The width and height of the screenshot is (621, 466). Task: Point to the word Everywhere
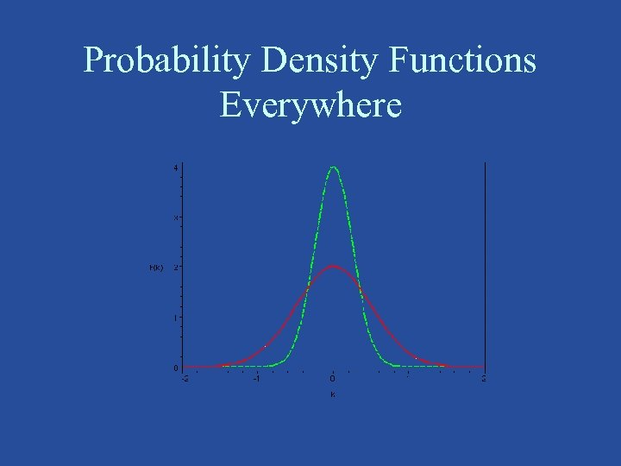pyautogui.click(x=310, y=104)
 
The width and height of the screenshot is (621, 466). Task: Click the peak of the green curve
pyautogui.click(x=333, y=167)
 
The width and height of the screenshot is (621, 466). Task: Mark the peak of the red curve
pyautogui.click(x=333, y=266)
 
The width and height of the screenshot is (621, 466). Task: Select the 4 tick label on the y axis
pyautogui.click(x=175, y=167)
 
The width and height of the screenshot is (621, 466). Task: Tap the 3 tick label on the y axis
pyautogui.click(x=175, y=217)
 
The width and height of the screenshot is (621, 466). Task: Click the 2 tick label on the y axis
pyautogui.click(x=175, y=268)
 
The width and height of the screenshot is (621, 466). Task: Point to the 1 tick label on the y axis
pyautogui.click(x=175, y=318)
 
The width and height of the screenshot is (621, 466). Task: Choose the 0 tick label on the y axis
pyautogui.click(x=175, y=368)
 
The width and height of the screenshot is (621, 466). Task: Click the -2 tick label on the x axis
pyautogui.click(x=183, y=378)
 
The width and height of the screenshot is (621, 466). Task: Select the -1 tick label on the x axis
pyautogui.click(x=257, y=378)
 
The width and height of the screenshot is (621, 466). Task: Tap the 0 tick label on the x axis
pyautogui.click(x=333, y=378)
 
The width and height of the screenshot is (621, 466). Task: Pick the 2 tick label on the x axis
pyautogui.click(x=484, y=378)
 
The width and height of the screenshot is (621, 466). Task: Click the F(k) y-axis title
pyautogui.click(x=156, y=268)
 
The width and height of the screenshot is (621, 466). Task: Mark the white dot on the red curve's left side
pyautogui.click(x=266, y=346)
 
